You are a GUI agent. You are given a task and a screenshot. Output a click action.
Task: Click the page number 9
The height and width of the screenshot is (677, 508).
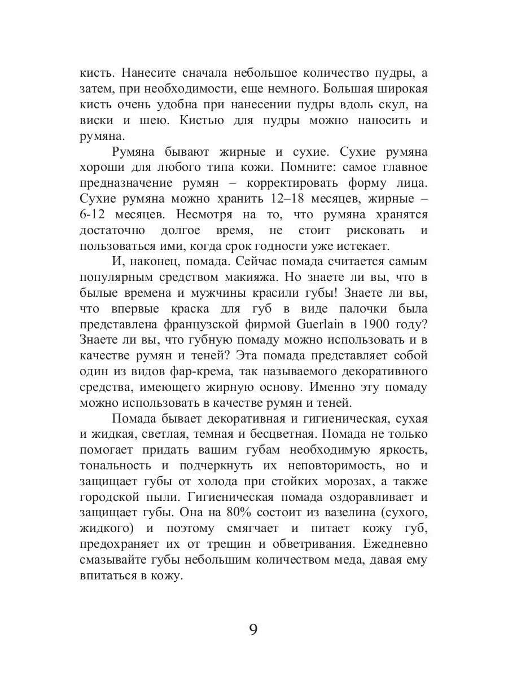(x=253, y=629)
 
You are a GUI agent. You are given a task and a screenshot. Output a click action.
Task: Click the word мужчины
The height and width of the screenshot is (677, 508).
(x=220, y=293)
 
